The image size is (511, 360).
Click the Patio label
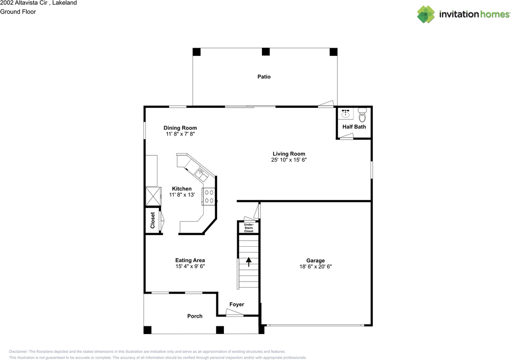(264, 77)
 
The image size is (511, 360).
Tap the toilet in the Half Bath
(362, 115)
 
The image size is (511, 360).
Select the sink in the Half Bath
(345, 113)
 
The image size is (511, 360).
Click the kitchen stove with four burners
(209, 196)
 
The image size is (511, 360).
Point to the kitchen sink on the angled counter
(202, 174)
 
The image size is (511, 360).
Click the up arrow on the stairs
(249, 262)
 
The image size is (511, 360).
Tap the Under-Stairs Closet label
(249, 227)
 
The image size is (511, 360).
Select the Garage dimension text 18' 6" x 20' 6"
(315, 267)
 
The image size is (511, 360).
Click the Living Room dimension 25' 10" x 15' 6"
(289, 160)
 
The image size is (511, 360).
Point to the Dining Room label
(180, 128)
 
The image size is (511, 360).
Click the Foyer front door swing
(234, 313)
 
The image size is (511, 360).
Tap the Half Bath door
(347, 136)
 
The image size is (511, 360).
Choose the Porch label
(195, 316)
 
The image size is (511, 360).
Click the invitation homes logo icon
(426, 14)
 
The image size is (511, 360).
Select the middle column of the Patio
(265, 51)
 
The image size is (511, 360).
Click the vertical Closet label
(153, 220)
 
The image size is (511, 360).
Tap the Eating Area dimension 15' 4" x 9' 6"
(190, 266)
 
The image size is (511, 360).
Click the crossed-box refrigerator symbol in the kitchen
(153, 196)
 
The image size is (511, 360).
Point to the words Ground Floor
(18, 12)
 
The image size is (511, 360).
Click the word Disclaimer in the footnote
(18, 352)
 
